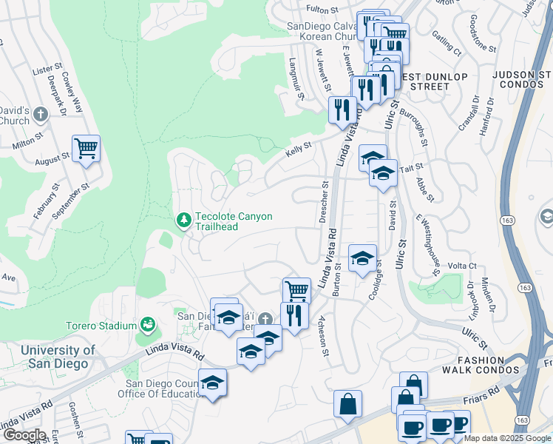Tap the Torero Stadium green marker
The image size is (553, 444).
[x=148, y=325]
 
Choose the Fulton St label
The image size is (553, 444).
[x=323, y=10]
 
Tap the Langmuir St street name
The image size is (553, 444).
[x=296, y=79]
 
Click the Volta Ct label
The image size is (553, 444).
[x=462, y=266]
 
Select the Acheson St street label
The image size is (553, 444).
[x=323, y=335]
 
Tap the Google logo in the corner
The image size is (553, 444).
[x=24, y=435]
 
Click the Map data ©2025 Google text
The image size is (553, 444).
[x=507, y=438]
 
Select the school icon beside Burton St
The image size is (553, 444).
[x=362, y=259]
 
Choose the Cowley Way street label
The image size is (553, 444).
[x=73, y=92]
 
